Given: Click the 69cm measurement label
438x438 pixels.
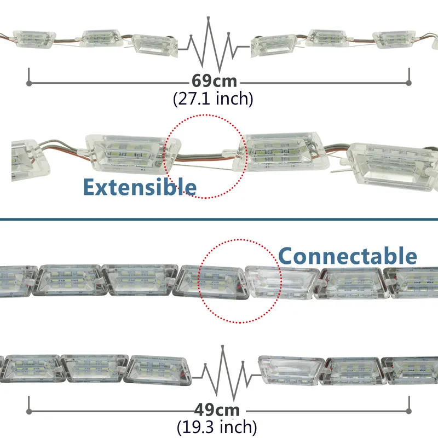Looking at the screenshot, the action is (x=214, y=81).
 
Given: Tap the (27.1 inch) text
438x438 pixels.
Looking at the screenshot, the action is (x=213, y=99).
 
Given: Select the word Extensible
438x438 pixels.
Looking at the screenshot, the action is (x=139, y=187).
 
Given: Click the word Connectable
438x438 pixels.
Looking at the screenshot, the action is (x=348, y=256).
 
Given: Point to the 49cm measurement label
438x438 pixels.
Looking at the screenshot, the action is (x=217, y=410).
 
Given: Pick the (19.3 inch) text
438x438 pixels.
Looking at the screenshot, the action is (x=217, y=427).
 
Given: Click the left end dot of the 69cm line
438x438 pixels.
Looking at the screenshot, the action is (x=28, y=83).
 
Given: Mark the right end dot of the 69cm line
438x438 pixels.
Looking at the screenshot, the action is (x=408, y=83).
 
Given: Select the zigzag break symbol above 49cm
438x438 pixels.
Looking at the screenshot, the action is (x=222, y=372).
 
